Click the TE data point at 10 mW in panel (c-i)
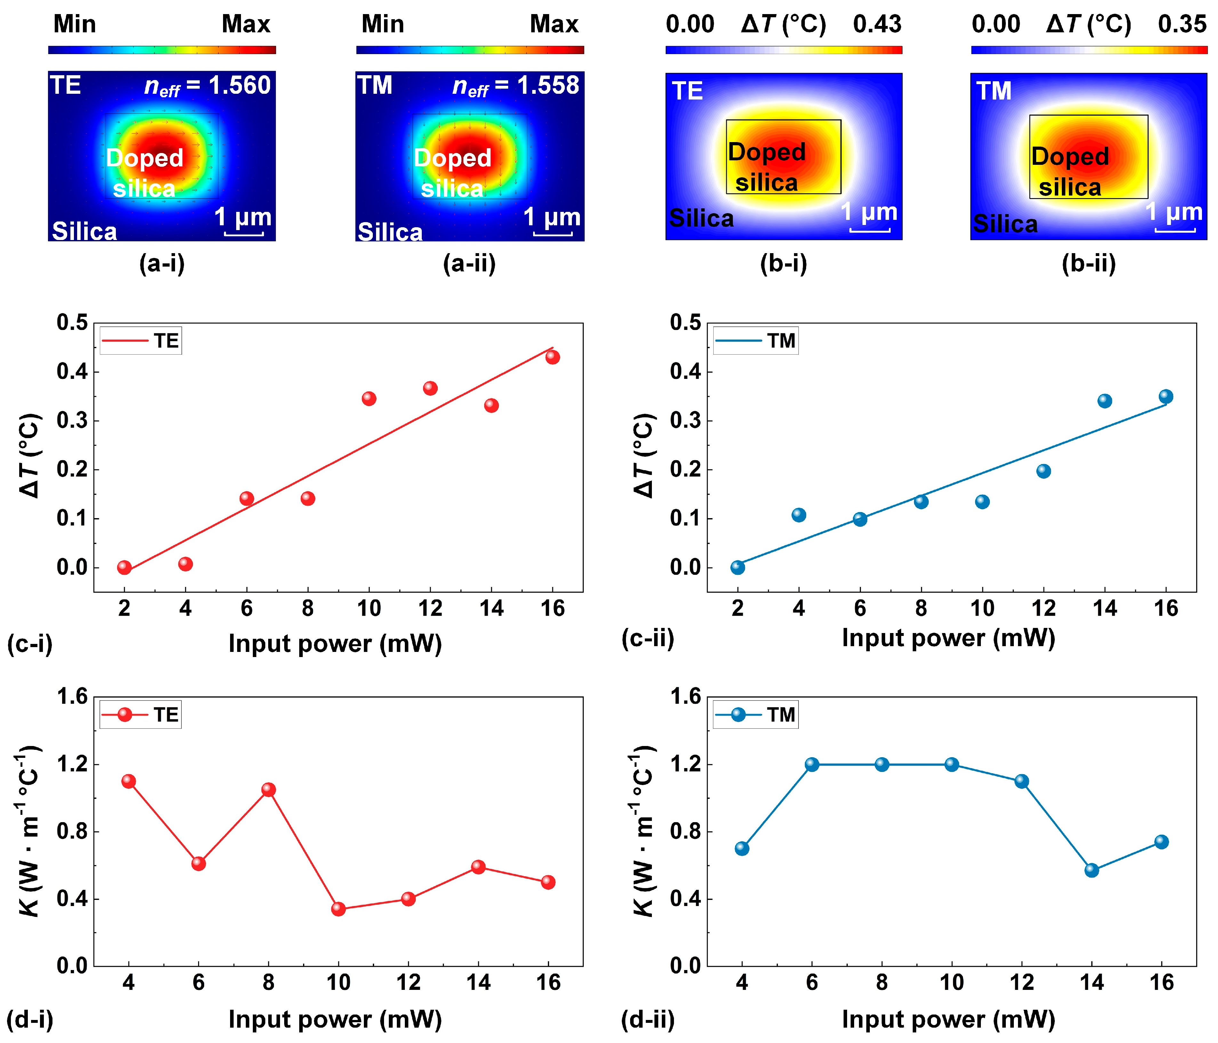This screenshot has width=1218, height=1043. pos(369,399)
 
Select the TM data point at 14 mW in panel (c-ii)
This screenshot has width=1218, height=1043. pos(1104,401)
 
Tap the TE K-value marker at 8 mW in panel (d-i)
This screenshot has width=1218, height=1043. pos(268,790)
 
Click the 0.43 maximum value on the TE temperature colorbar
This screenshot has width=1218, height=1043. pos(877,24)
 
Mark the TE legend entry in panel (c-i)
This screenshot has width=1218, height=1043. pos(141,341)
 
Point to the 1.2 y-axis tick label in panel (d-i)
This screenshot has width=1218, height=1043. pos(72,764)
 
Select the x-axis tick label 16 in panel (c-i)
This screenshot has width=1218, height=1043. pos(553,608)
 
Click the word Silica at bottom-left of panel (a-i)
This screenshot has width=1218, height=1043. pos(84,231)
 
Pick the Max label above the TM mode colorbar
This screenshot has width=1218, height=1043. pos(554,24)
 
